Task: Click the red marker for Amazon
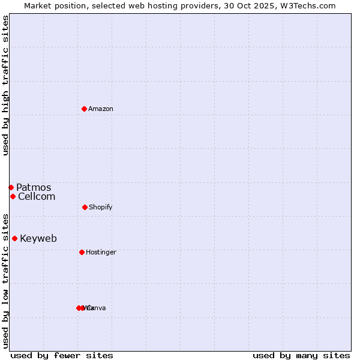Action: coord(84,109)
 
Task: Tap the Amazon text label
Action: coord(101,109)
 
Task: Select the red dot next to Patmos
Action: coord(11,187)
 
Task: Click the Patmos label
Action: coord(34,188)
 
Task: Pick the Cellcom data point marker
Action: coord(13,196)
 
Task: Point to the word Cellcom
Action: coord(37,197)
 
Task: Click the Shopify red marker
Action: coord(85,207)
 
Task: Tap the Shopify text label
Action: coord(101,208)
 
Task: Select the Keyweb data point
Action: coord(14,238)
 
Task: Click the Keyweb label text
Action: coord(38,239)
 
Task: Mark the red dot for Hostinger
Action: coord(82,252)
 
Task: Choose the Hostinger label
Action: coord(101,253)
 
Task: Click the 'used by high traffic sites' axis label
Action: coord(5,85)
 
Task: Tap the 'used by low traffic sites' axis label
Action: coord(5,281)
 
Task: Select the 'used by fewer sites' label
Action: coord(62,355)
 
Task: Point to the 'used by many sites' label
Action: coord(301,355)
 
